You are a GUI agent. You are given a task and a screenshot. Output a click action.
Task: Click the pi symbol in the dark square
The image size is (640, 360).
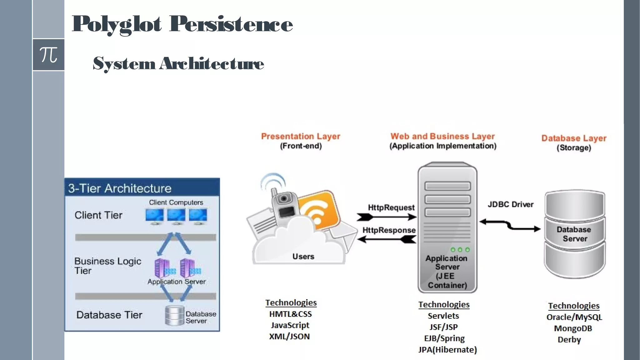tap(48, 55)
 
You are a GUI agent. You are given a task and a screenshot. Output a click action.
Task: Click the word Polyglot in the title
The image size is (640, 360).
tap(117, 24)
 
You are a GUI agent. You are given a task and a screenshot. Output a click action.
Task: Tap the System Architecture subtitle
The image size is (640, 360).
tap(178, 63)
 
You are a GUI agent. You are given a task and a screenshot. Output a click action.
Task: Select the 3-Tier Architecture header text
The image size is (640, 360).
tap(120, 188)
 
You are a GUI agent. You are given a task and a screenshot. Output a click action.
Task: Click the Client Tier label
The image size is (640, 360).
tap(98, 215)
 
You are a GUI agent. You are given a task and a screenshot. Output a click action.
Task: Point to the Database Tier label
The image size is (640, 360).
tap(109, 315)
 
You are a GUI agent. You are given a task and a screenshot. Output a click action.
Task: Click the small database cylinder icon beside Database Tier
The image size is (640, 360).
tap(175, 316)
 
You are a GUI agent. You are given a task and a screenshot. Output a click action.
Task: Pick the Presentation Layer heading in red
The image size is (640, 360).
tap(300, 136)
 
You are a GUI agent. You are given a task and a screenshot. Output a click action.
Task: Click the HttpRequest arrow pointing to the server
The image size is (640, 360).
tap(387, 217)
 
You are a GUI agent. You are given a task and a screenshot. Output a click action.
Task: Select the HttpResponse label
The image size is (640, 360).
tap(389, 230)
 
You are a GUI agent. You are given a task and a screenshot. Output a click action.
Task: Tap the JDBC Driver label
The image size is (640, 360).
tap(510, 204)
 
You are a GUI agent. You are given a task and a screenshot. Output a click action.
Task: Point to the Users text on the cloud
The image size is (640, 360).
tap(303, 256)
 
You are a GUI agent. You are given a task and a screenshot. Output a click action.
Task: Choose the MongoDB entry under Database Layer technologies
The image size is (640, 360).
tap(573, 328)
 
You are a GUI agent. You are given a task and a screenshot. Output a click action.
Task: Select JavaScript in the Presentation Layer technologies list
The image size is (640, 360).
tap(290, 325)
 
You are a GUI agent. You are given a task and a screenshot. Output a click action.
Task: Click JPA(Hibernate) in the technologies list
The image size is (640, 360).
tap(447, 350)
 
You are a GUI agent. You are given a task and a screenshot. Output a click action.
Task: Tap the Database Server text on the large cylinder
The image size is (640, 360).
tap(574, 234)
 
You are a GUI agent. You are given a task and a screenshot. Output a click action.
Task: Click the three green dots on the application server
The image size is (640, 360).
tap(460, 250)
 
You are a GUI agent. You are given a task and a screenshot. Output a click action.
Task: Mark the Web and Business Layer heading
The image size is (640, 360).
tap(442, 136)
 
